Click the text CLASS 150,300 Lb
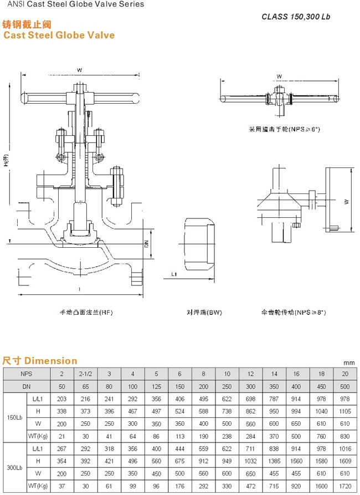[x=296, y=17]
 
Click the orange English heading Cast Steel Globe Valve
[x=59, y=35]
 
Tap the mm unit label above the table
[x=348, y=363]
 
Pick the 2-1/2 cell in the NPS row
[x=85, y=374]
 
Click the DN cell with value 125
[x=156, y=386]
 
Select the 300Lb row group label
[x=14, y=468]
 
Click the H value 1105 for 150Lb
[x=345, y=411]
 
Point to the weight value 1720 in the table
[x=345, y=486]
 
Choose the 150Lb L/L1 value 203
[x=61, y=399]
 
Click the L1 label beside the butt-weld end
[x=173, y=274]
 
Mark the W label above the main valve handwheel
[x=79, y=70]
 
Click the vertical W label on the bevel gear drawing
[x=345, y=202]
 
